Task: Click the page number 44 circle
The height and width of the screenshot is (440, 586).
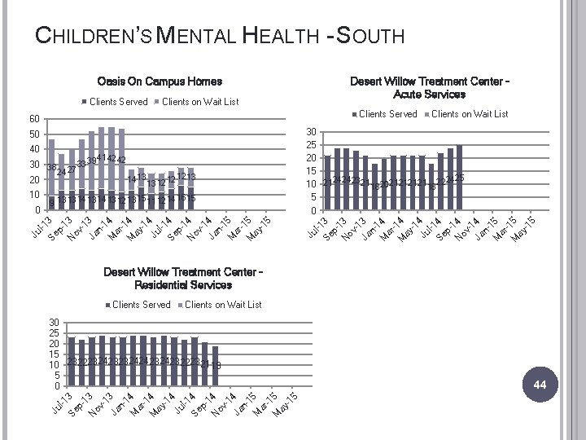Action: click(539, 384)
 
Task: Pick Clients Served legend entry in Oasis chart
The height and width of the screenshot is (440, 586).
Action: click(113, 102)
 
